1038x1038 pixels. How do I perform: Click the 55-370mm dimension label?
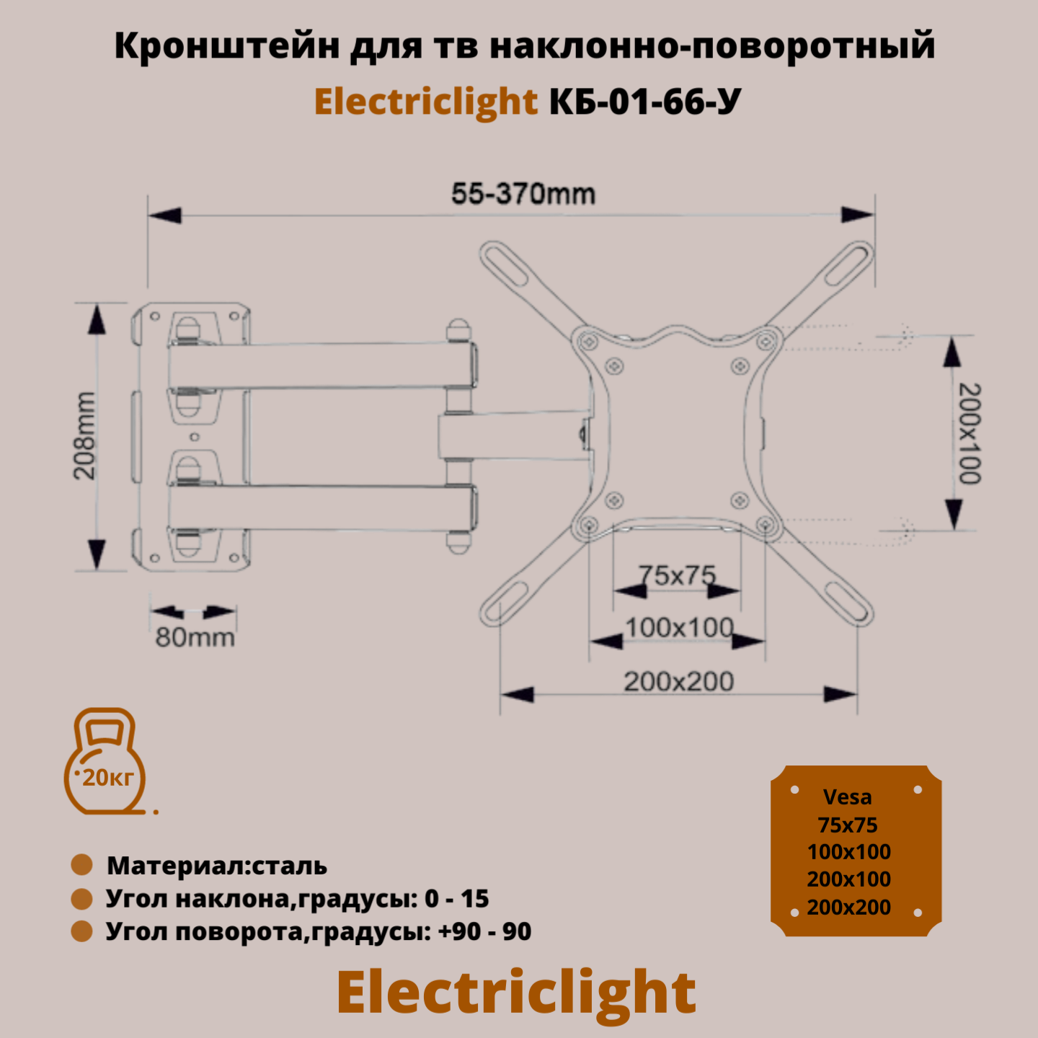pos(523,195)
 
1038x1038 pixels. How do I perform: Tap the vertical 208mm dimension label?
pos(85,436)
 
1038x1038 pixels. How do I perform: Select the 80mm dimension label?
pos(195,638)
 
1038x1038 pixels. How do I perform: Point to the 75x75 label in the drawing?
pos(678,575)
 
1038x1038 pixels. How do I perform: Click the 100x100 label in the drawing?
pos(679,628)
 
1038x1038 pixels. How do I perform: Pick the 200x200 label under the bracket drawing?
pos(678,681)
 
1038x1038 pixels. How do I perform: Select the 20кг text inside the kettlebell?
pos(108,778)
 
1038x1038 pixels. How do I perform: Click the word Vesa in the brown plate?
pos(848,797)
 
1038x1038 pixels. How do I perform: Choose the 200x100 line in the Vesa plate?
pos(849,879)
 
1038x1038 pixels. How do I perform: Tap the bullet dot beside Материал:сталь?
pos(82,865)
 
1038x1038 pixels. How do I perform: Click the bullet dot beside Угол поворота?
pos(82,931)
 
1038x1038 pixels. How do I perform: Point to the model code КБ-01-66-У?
pos(644,102)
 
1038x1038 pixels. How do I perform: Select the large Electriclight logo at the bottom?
pos(516,993)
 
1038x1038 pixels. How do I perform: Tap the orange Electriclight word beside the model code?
pos(426,102)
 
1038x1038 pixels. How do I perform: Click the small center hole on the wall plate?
pos(194,437)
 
